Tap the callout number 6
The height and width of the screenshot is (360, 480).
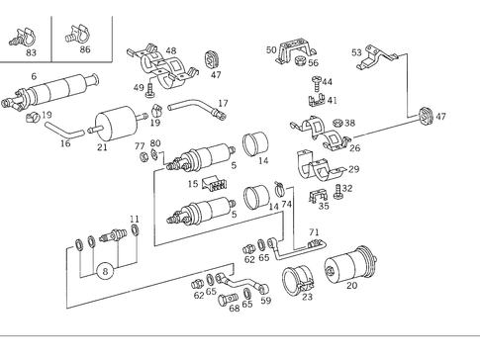[34, 77]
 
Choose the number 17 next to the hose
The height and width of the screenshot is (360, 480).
[223, 103]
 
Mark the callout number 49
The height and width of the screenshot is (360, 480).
[139, 88]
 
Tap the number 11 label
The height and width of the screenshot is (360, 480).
[135, 219]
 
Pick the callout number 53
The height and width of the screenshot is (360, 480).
[357, 51]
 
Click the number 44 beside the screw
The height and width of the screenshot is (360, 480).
[328, 82]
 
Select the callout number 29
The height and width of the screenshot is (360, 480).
[353, 169]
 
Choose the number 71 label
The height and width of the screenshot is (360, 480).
[314, 233]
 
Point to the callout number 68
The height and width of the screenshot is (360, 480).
[234, 308]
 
